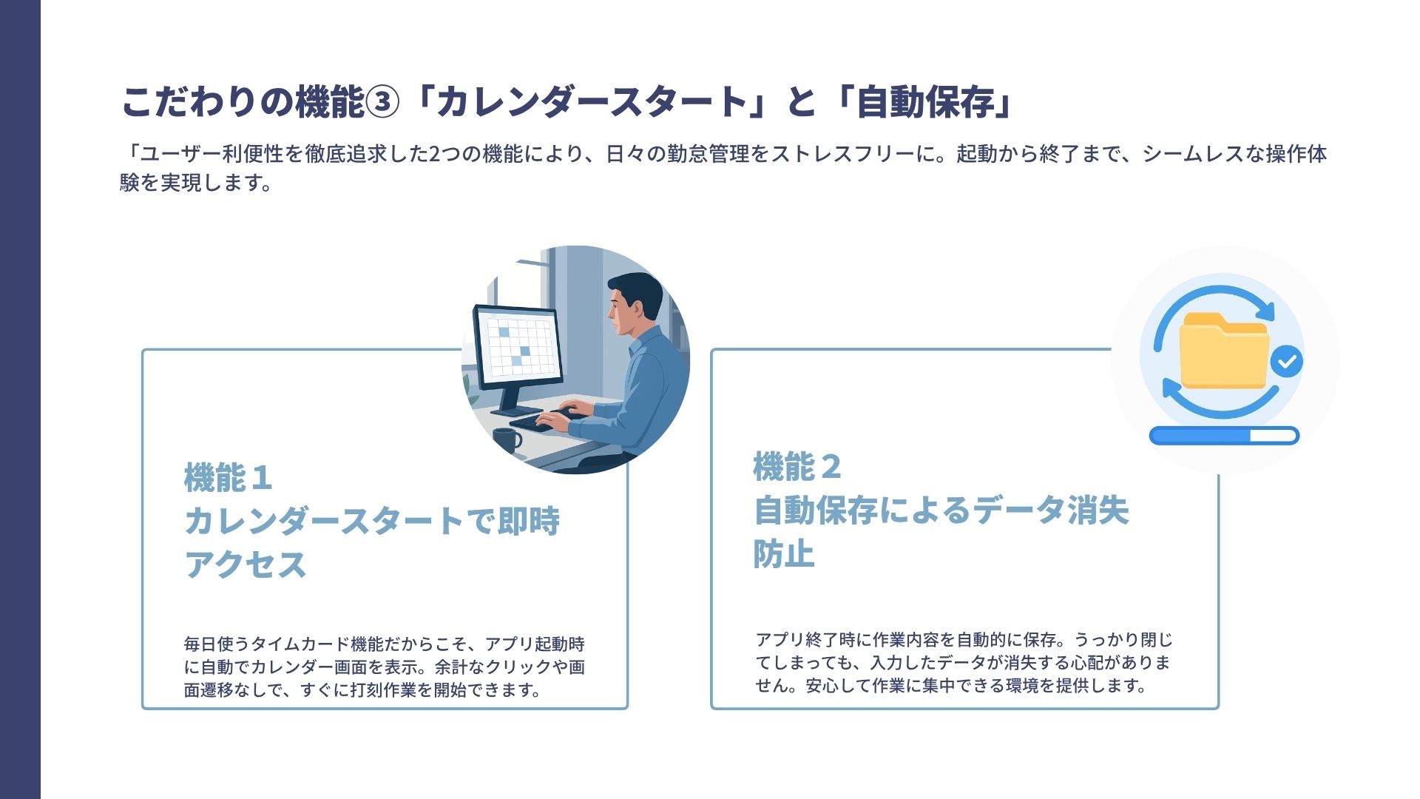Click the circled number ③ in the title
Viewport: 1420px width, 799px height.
pyautogui.click(x=383, y=102)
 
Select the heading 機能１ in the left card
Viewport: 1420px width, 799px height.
pyautogui.click(x=228, y=478)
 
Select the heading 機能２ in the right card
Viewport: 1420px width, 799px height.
pyautogui.click(x=797, y=467)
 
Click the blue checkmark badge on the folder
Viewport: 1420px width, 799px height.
pyautogui.click(x=1287, y=362)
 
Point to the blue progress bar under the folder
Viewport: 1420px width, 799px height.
pyautogui.click(x=1224, y=436)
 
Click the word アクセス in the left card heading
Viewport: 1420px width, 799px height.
pyautogui.click(x=246, y=564)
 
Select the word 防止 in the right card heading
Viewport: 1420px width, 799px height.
pyautogui.click(x=784, y=553)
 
